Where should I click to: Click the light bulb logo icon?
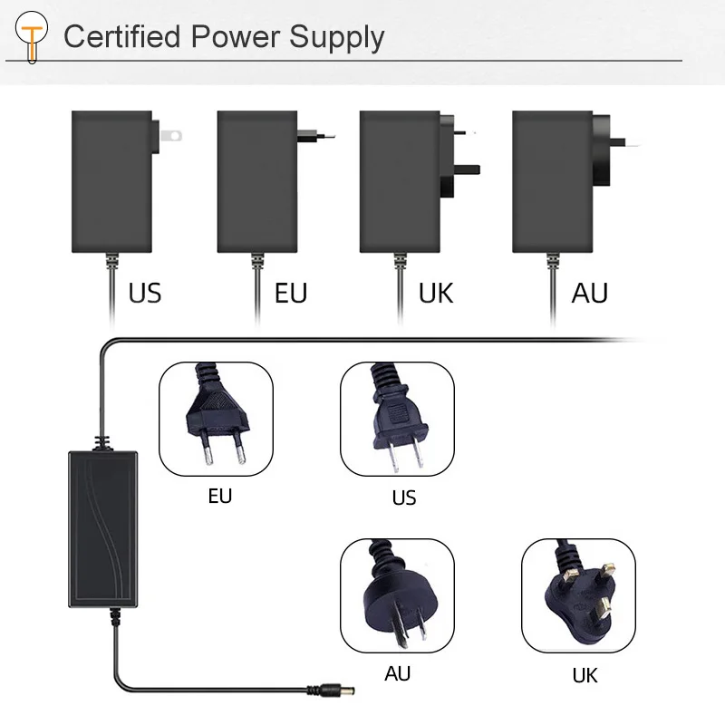(x=32, y=37)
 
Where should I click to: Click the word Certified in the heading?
(x=121, y=36)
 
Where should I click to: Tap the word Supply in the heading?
(x=336, y=38)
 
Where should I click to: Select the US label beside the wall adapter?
(x=145, y=293)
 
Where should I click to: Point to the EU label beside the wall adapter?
(x=291, y=293)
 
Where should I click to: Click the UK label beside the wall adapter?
(x=436, y=293)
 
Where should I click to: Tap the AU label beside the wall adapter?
(x=590, y=293)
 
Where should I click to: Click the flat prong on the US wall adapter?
(x=170, y=135)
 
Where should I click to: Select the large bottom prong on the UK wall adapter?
(x=467, y=169)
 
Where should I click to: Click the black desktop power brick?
(x=102, y=528)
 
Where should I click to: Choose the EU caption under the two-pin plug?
(x=220, y=496)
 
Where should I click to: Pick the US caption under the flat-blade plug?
(x=403, y=498)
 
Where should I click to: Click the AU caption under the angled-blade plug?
(x=398, y=673)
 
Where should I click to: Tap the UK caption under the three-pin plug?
(x=585, y=675)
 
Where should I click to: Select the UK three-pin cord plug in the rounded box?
(x=581, y=596)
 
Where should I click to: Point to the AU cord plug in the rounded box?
(x=399, y=596)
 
